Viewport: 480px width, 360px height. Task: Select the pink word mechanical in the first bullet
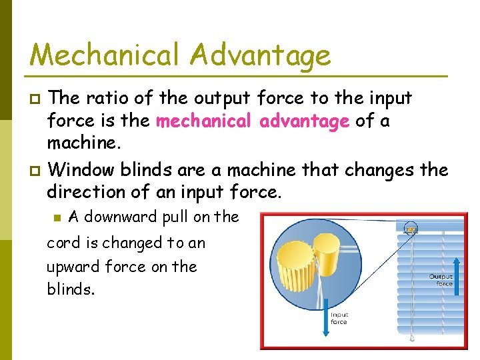204,121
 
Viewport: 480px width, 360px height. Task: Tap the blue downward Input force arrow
331,293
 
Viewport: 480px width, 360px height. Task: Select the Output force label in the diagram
441,280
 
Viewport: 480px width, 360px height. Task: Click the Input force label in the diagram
339,318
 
